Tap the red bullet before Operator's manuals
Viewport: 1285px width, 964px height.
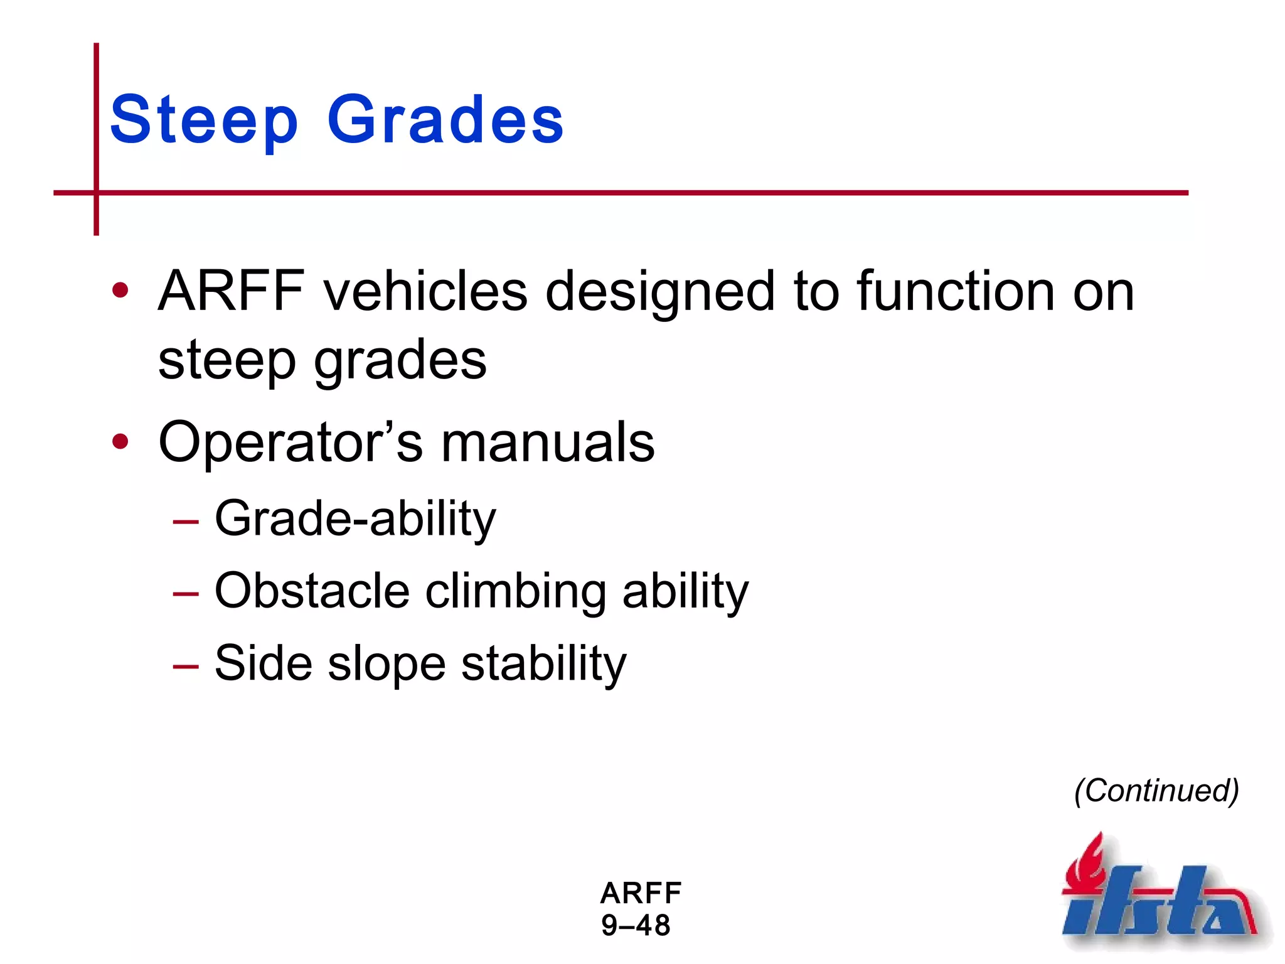click(x=120, y=442)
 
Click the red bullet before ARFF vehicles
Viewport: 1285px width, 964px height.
click(x=120, y=291)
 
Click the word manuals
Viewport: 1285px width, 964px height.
click(x=548, y=442)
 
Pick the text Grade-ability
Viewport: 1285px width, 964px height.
click(x=355, y=518)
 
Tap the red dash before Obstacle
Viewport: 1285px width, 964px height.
click(x=186, y=594)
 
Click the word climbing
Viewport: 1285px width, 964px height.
click(x=516, y=591)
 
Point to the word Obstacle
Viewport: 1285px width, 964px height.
click(x=312, y=591)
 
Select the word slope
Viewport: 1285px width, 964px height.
click(x=387, y=664)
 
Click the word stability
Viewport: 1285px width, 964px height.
click(x=543, y=664)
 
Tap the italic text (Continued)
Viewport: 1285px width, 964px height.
click(x=1156, y=790)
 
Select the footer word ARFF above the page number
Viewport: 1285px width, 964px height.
click(x=641, y=893)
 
